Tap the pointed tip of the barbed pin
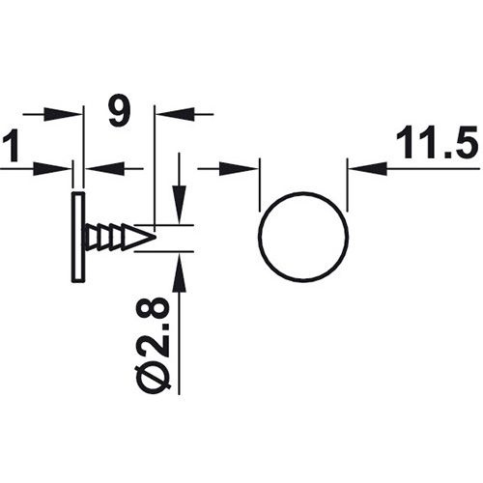[154, 236]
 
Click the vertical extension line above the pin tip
[155, 164]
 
